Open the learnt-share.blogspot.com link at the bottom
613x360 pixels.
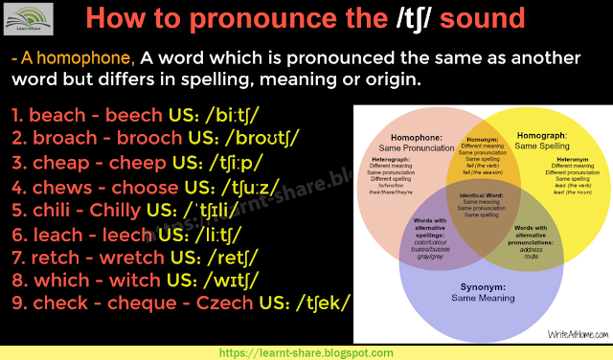(306, 351)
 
